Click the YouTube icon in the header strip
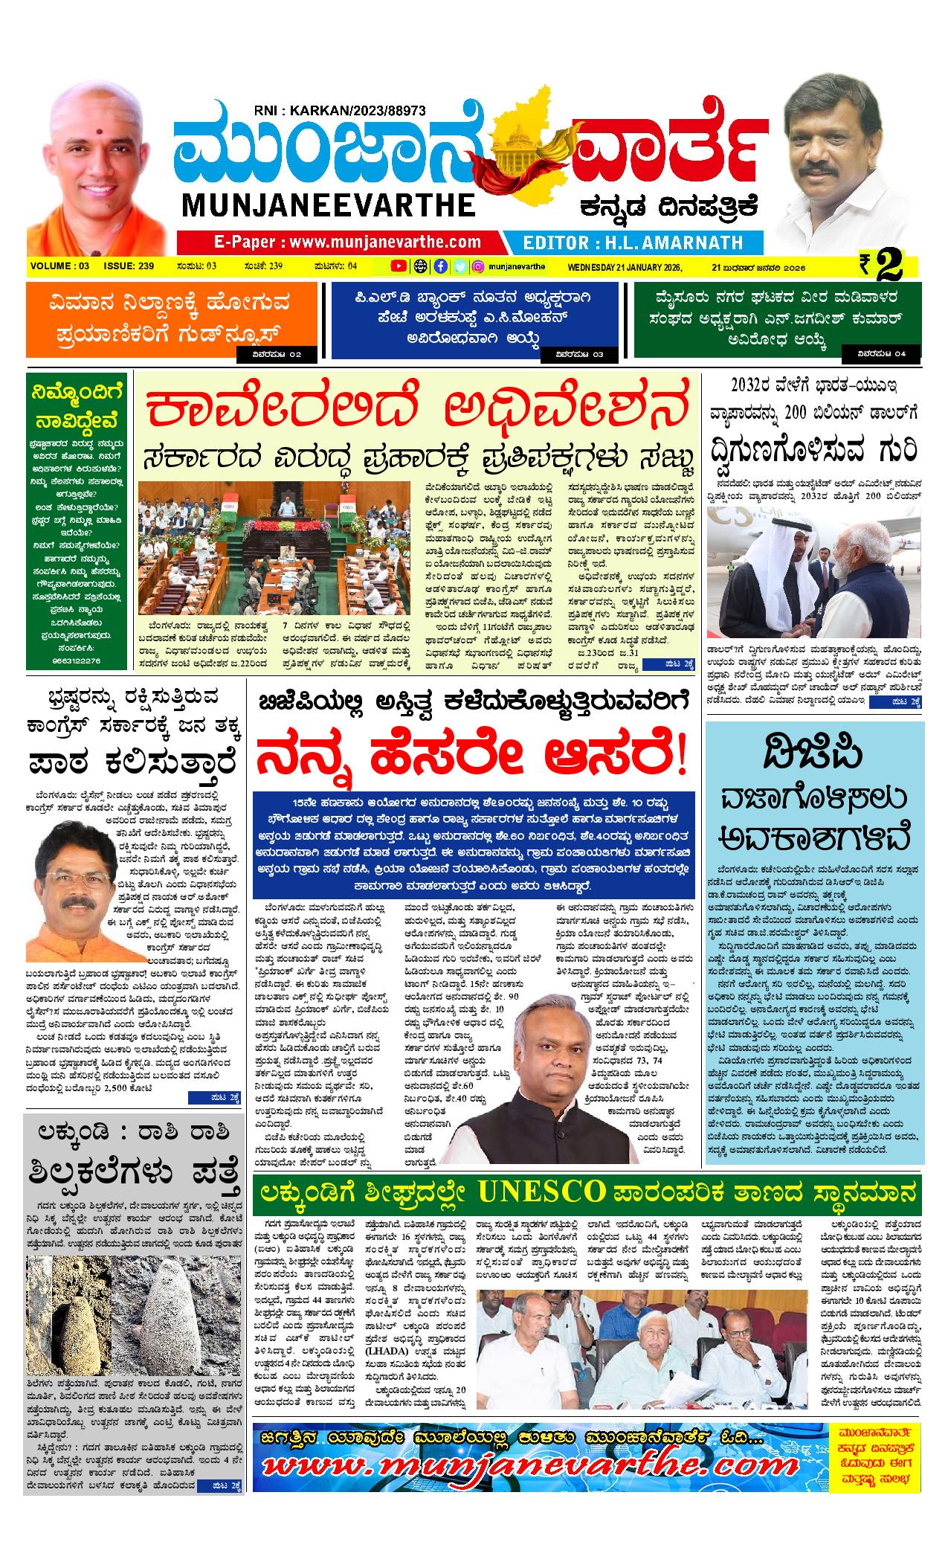pos(399,266)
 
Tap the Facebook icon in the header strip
pos(440,266)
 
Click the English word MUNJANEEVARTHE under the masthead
pos(326,205)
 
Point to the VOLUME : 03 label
pos(60,266)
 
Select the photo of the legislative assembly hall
pos(273,547)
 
